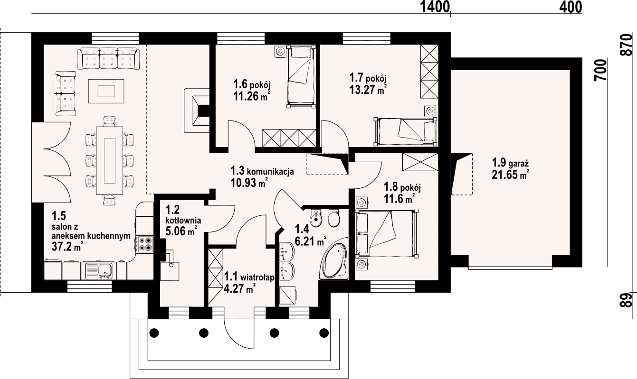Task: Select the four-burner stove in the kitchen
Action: coord(144,244)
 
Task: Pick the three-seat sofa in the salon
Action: coord(109,58)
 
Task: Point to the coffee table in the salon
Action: coord(106,91)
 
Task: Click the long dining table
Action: coord(109,161)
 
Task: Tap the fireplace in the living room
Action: coord(197,111)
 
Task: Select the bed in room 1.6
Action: coord(301,77)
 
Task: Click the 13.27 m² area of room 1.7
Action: coord(368,90)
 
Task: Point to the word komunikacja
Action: coord(270,171)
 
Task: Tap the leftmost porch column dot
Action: coord(154,333)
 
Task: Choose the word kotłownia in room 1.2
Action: coord(183,220)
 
